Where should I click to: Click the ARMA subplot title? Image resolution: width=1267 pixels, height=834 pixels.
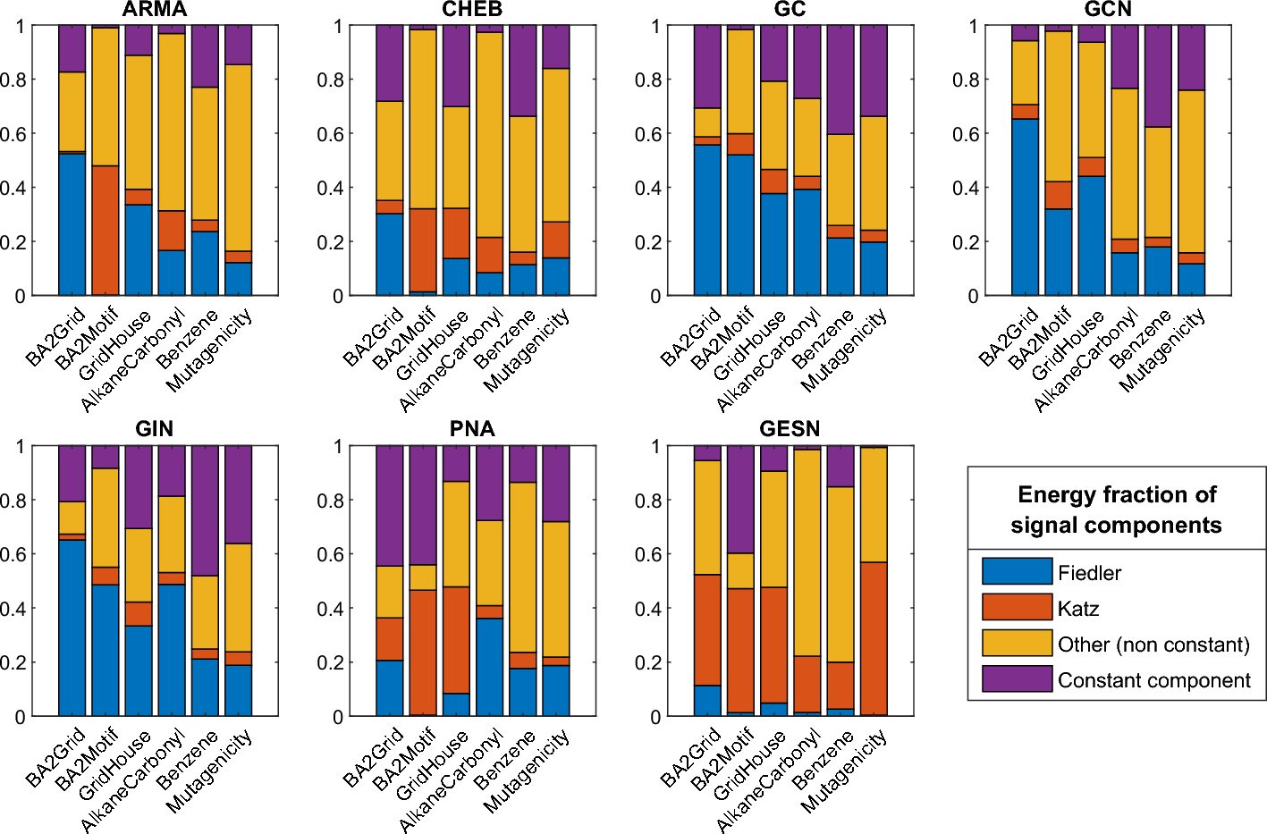click(155, 10)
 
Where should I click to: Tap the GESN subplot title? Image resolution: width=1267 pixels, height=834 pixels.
click(790, 429)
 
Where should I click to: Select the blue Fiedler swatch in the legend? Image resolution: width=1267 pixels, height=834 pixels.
click(1017, 571)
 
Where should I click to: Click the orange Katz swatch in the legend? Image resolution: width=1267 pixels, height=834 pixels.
click(1017, 607)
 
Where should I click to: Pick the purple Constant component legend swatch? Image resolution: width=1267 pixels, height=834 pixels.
click(1017, 678)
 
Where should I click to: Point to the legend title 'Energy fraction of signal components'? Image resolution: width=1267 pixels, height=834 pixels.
click(1117, 510)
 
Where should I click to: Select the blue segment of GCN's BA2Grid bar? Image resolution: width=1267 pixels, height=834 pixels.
click(1026, 206)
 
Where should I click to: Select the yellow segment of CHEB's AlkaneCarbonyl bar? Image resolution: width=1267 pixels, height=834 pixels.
click(489, 134)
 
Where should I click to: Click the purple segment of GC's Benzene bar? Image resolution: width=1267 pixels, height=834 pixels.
click(840, 80)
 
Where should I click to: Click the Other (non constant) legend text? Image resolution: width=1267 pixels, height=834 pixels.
click(1153, 644)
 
